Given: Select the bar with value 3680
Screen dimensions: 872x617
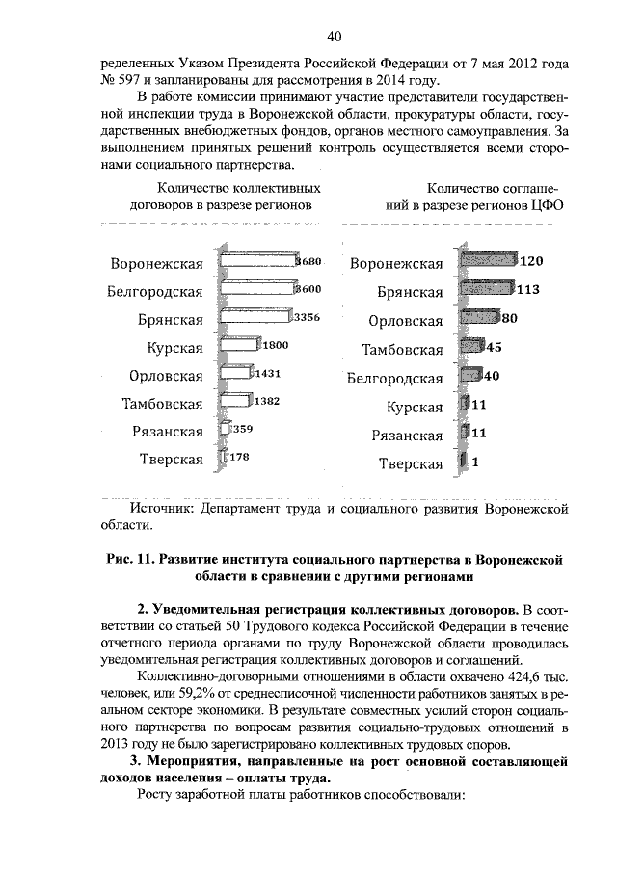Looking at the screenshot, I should click(x=258, y=262).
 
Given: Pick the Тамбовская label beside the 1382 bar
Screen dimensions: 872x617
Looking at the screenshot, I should click(x=162, y=403).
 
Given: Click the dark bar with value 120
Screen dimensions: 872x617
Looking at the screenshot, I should click(x=488, y=260).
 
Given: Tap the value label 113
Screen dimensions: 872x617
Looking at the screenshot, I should click(x=527, y=288).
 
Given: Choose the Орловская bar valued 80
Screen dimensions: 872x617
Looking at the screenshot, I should click(x=479, y=317).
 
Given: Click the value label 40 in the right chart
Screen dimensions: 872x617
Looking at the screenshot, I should click(x=490, y=375).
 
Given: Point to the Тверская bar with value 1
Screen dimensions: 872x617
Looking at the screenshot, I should click(x=464, y=462).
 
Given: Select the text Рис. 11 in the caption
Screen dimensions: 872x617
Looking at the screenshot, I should click(x=124, y=559).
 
